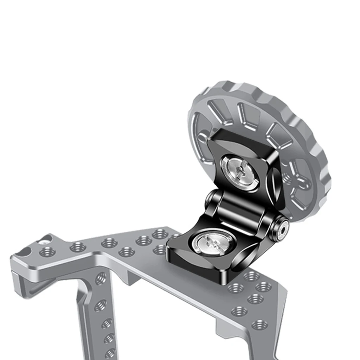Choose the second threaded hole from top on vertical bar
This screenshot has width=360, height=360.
pyautogui.click(x=101, y=305)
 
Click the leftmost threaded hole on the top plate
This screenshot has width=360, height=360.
pyautogui.click(x=47, y=252)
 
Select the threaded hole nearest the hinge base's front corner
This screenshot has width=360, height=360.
pyautogui.click(x=235, y=288)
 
